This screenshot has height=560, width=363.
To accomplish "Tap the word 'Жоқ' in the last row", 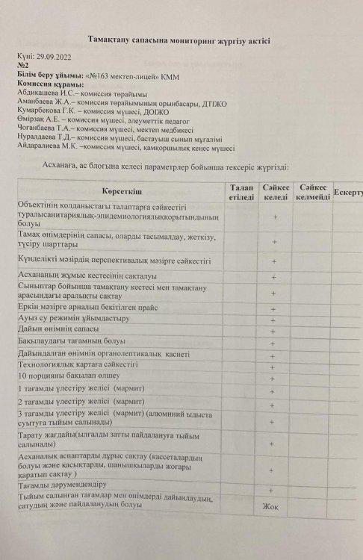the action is pyautogui.click(x=270, y=506).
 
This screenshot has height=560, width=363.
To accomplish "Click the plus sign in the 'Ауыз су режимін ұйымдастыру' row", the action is pyautogui.click(x=274, y=319).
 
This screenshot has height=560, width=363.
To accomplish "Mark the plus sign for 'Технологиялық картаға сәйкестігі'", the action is pyautogui.click(x=274, y=366).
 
